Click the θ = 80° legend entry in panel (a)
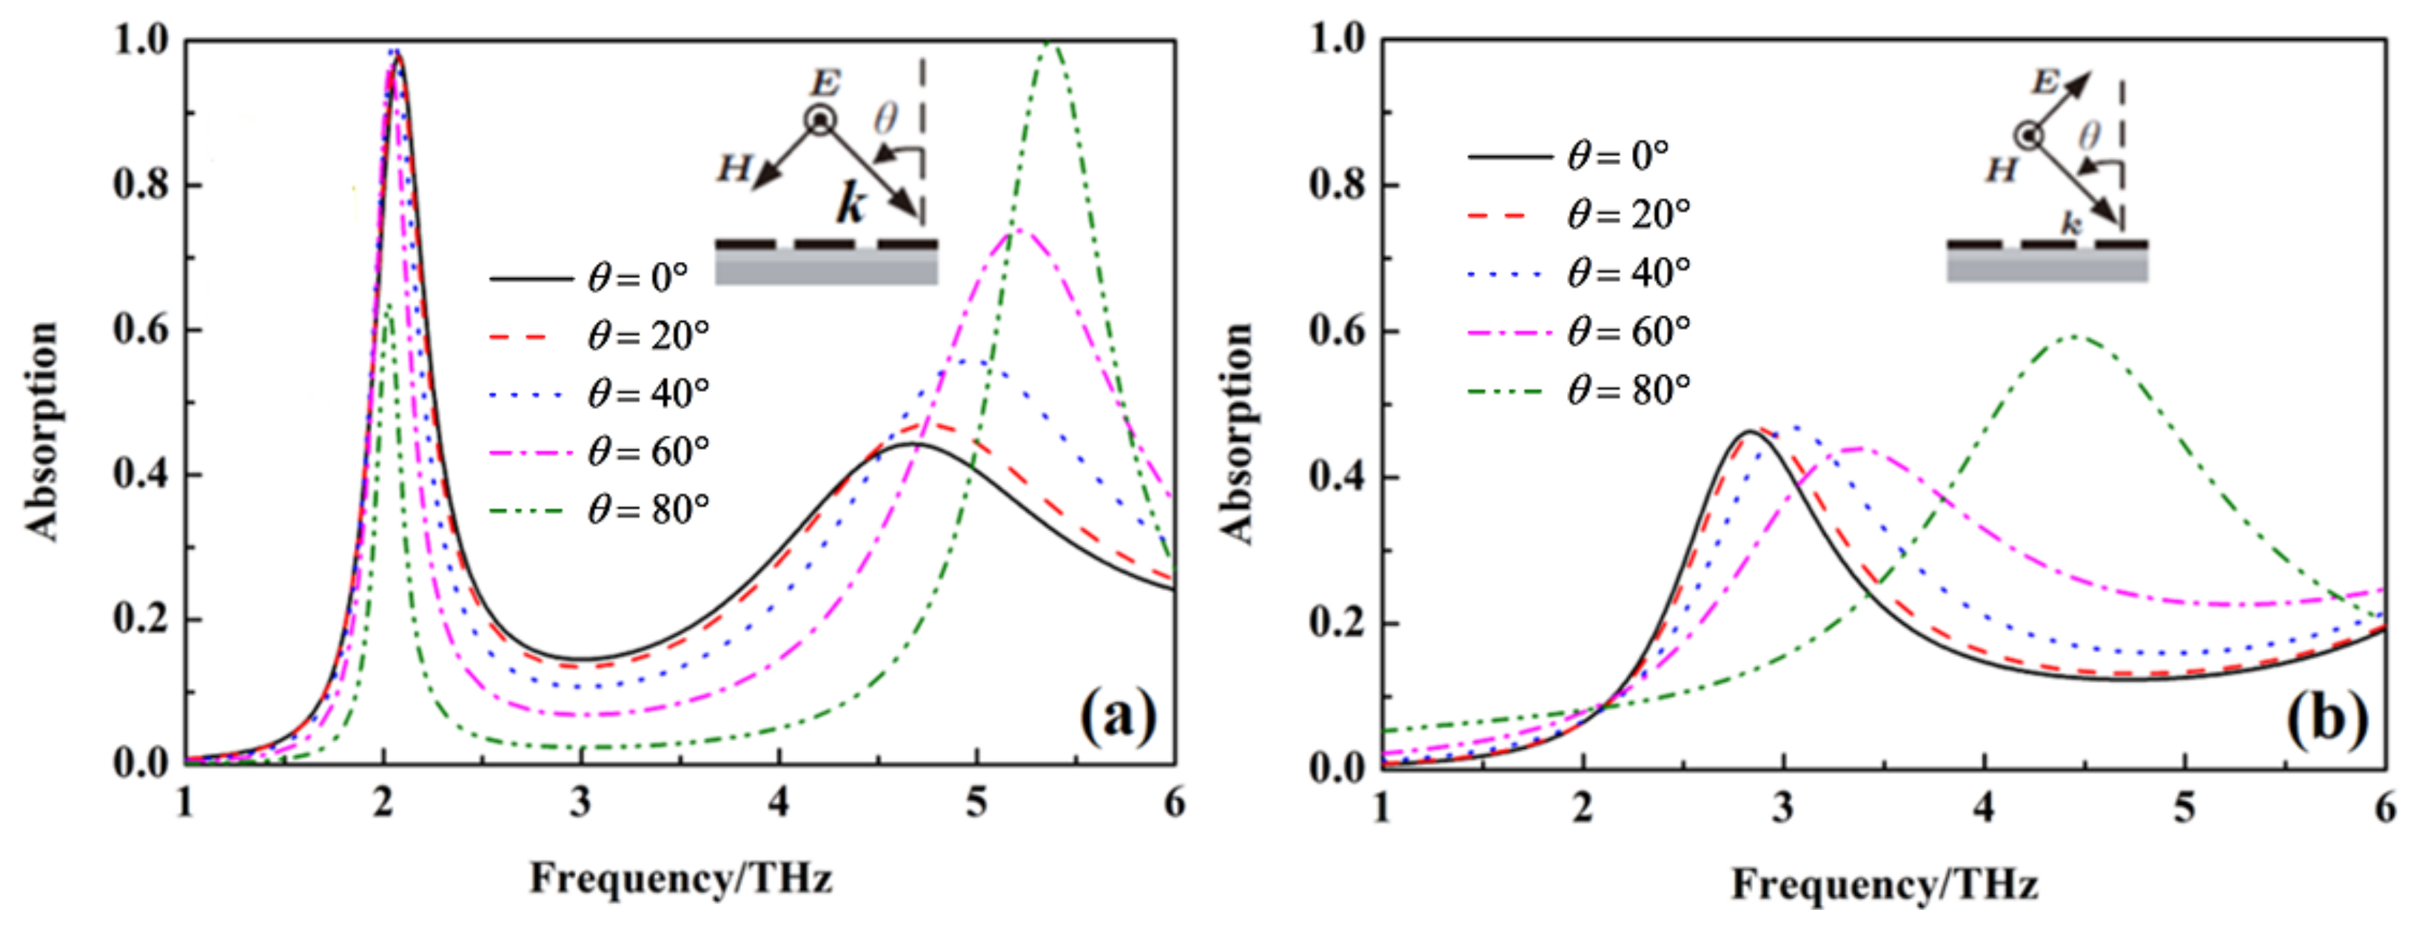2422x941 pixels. point(647,510)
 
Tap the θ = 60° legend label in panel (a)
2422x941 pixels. point(647,452)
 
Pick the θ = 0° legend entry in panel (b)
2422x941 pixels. point(1617,156)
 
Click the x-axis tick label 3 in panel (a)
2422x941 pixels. point(581,803)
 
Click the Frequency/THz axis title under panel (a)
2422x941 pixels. point(681,879)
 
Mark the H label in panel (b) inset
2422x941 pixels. point(2001,171)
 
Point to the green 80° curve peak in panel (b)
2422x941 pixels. point(2075,336)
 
